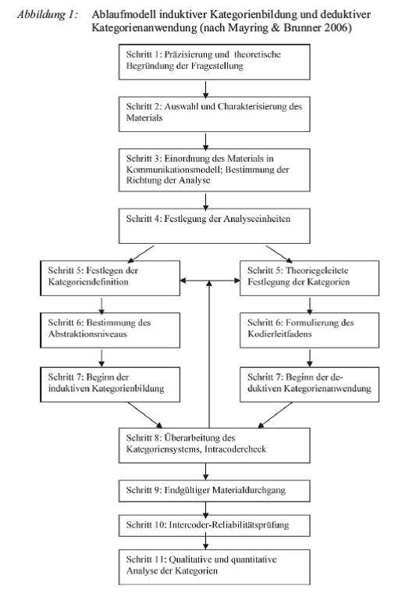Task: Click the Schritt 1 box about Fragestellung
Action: pyautogui.click(x=214, y=62)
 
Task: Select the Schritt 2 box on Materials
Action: pyautogui.click(x=214, y=114)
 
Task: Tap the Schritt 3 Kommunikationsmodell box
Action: pyautogui.click(x=214, y=170)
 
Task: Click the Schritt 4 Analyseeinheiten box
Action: pyautogui.click(x=214, y=226)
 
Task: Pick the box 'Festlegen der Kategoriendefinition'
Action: pyautogui.click(x=110, y=278)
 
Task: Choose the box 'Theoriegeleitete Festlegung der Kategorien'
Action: pyautogui.click(x=309, y=278)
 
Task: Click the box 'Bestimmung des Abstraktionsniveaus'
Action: pyautogui.click(x=110, y=330)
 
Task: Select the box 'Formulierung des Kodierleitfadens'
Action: pyautogui.click(x=309, y=330)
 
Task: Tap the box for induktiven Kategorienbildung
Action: pyautogui.click(x=110, y=384)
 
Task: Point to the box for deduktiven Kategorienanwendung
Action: pyautogui.click(x=309, y=384)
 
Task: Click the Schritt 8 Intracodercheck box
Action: pyautogui.click(x=214, y=445)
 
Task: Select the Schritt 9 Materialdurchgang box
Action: pyautogui.click(x=214, y=491)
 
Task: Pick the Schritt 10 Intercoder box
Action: pyautogui.click(x=214, y=525)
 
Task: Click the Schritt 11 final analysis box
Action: pyautogui.click(x=214, y=567)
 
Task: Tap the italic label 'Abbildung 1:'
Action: pyautogui.click(x=48, y=15)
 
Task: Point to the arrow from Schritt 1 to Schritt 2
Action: pyautogui.click(x=206, y=88)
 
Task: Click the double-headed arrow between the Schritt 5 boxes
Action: pyautogui.click(x=210, y=280)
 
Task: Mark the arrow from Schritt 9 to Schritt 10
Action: pyautogui.click(x=206, y=508)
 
